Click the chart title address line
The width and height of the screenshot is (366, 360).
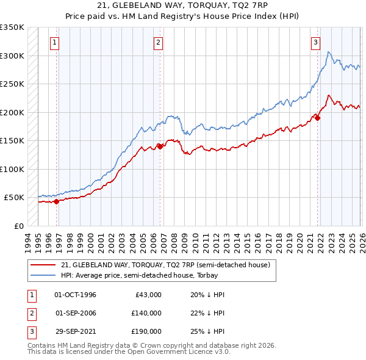click(x=182, y=5)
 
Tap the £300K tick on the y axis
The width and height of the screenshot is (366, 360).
click(x=12, y=56)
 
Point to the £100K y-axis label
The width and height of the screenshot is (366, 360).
click(x=12, y=169)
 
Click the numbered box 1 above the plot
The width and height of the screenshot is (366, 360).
click(x=56, y=43)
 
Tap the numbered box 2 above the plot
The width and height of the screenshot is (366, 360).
click(x=158, y=43)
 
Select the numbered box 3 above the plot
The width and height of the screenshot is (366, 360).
click(x=315, y=43)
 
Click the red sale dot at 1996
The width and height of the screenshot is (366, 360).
click(x=56, y=201)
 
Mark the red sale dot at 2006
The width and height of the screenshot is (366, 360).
click(x=160, y=146)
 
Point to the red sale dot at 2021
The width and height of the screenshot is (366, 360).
click(x=317, y=118)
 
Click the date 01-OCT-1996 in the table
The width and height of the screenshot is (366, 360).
click(x=75, y=295)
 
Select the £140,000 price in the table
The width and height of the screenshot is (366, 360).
click(x=146, y=313)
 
